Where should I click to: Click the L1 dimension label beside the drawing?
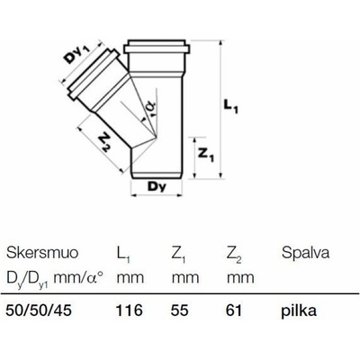pos(231,107)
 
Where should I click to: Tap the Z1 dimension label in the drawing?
pos(207,155)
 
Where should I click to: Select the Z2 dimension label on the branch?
pos(103,143)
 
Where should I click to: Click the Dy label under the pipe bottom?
pos(157,187)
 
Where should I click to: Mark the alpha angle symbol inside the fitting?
pos(152,108)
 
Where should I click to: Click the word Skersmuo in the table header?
pos(42,253)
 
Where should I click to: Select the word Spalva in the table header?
pos(305,253)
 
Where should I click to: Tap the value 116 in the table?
pos(130,310)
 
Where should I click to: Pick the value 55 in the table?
pos(180,310)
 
